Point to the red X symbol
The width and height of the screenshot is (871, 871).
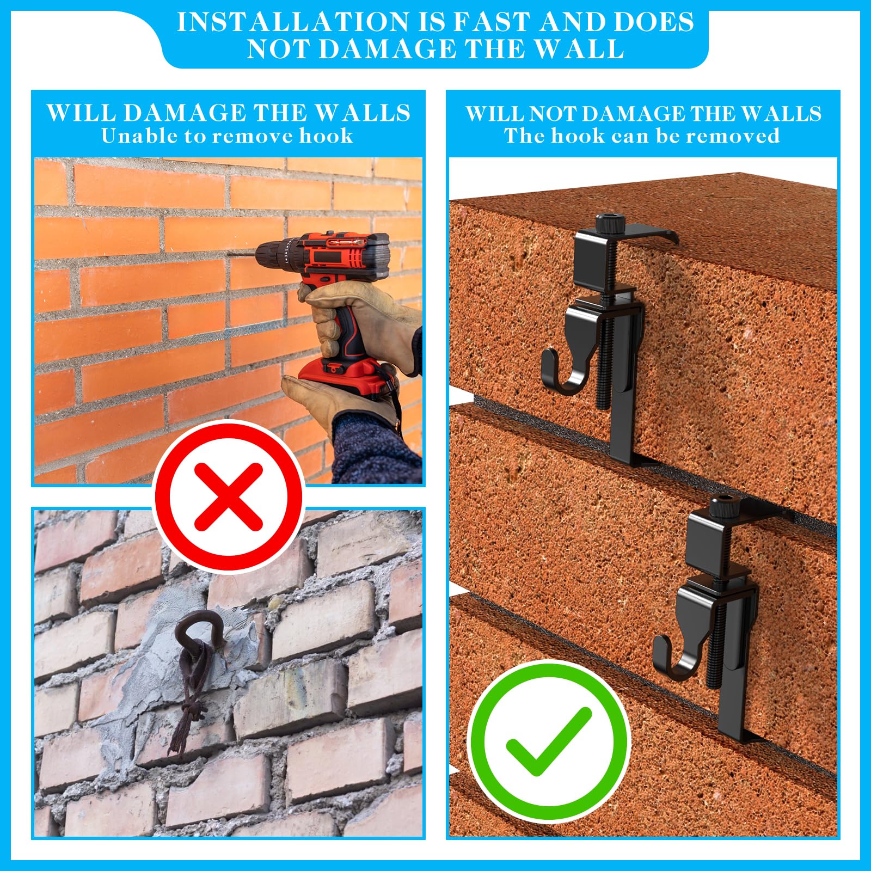point(229,496)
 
